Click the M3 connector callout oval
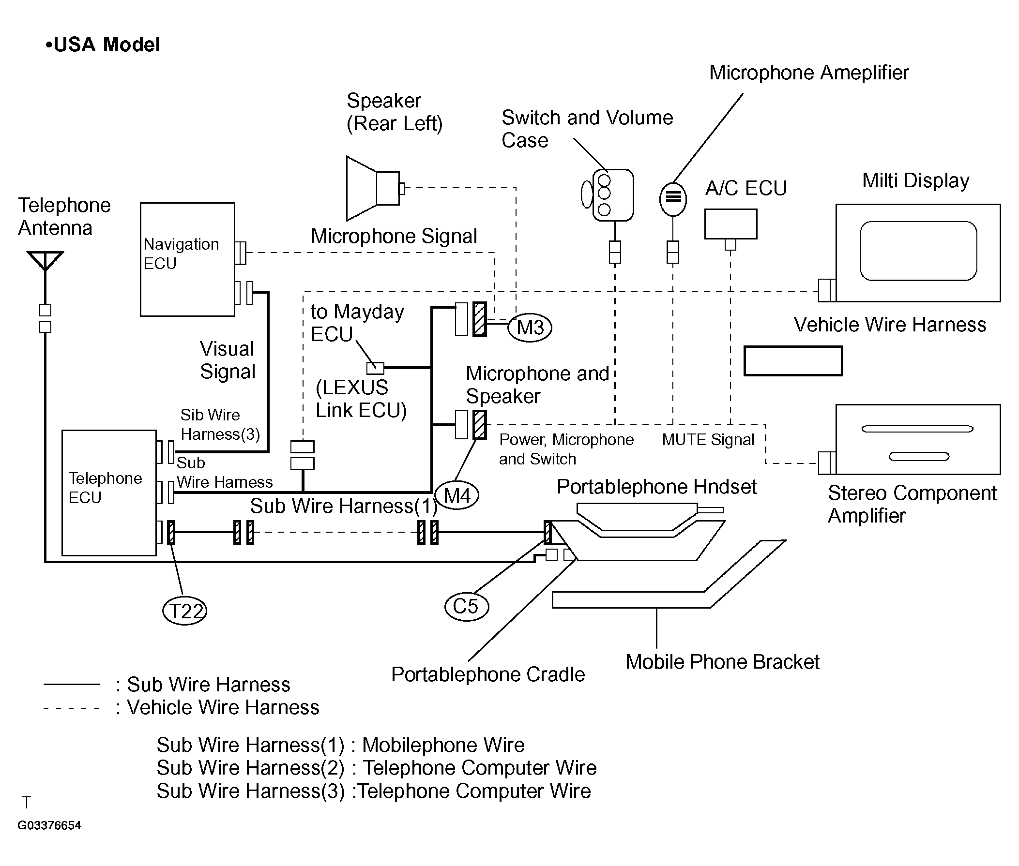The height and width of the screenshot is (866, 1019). (530, 328)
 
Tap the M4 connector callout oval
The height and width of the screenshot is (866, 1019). (456, 495)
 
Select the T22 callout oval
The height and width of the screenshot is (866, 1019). (184, 611)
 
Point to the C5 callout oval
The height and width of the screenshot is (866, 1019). (466, 606)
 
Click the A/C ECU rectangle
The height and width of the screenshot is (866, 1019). (730, 224)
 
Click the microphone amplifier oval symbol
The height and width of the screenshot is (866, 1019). (673, 199)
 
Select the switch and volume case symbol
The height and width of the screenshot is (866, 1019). (611, 195)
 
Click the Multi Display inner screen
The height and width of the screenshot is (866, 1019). (918, 251)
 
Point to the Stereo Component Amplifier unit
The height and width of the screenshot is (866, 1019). (917, 439)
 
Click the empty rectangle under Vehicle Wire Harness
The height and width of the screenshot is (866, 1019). (792, 361)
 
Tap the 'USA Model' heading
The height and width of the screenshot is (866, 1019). (103, 45)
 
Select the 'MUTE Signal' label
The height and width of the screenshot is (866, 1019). (708, 439)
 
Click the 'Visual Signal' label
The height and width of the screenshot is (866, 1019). (228, 360)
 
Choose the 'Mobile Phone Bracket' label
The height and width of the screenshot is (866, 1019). (722, 662)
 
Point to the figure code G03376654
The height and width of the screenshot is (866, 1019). (49, 825)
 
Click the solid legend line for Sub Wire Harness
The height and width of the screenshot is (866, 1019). (72, 684)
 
